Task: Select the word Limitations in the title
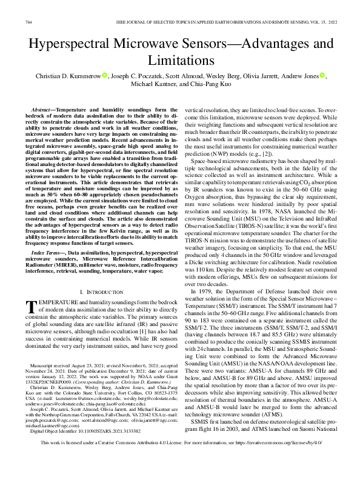point(180,61)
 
